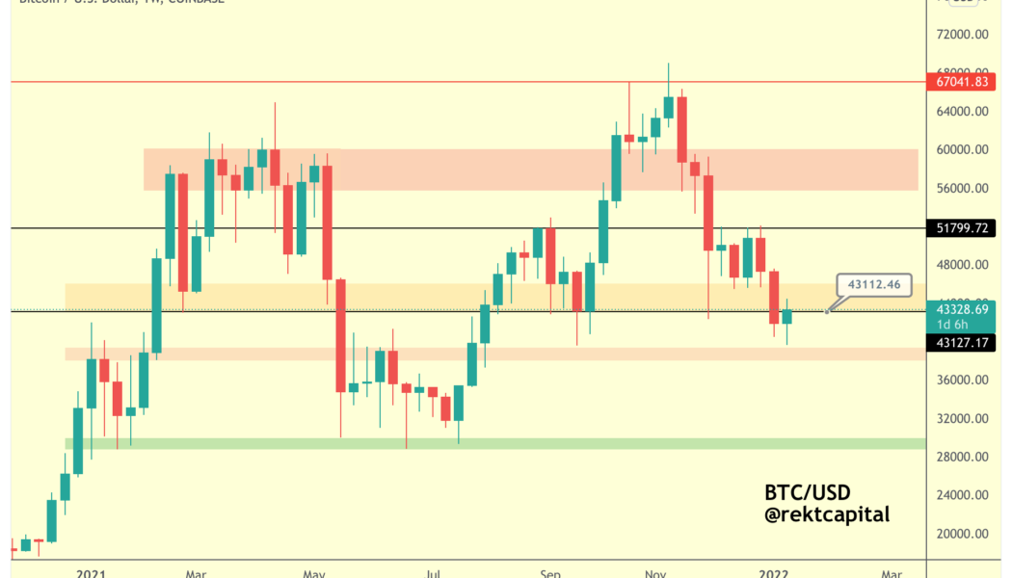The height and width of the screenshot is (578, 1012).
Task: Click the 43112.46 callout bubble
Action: tap(873, 284)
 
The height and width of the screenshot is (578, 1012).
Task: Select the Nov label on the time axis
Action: tap(655, 573)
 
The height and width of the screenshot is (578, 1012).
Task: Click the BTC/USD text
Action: tap(807, 492)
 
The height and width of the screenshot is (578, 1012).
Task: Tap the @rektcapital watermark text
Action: tap(827, 515)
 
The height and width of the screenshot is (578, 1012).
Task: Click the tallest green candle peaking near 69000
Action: tap(668, 107)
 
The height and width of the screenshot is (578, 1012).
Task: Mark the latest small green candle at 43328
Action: tap(786, 316)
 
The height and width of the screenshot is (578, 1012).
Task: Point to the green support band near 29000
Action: tap(482, 443)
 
